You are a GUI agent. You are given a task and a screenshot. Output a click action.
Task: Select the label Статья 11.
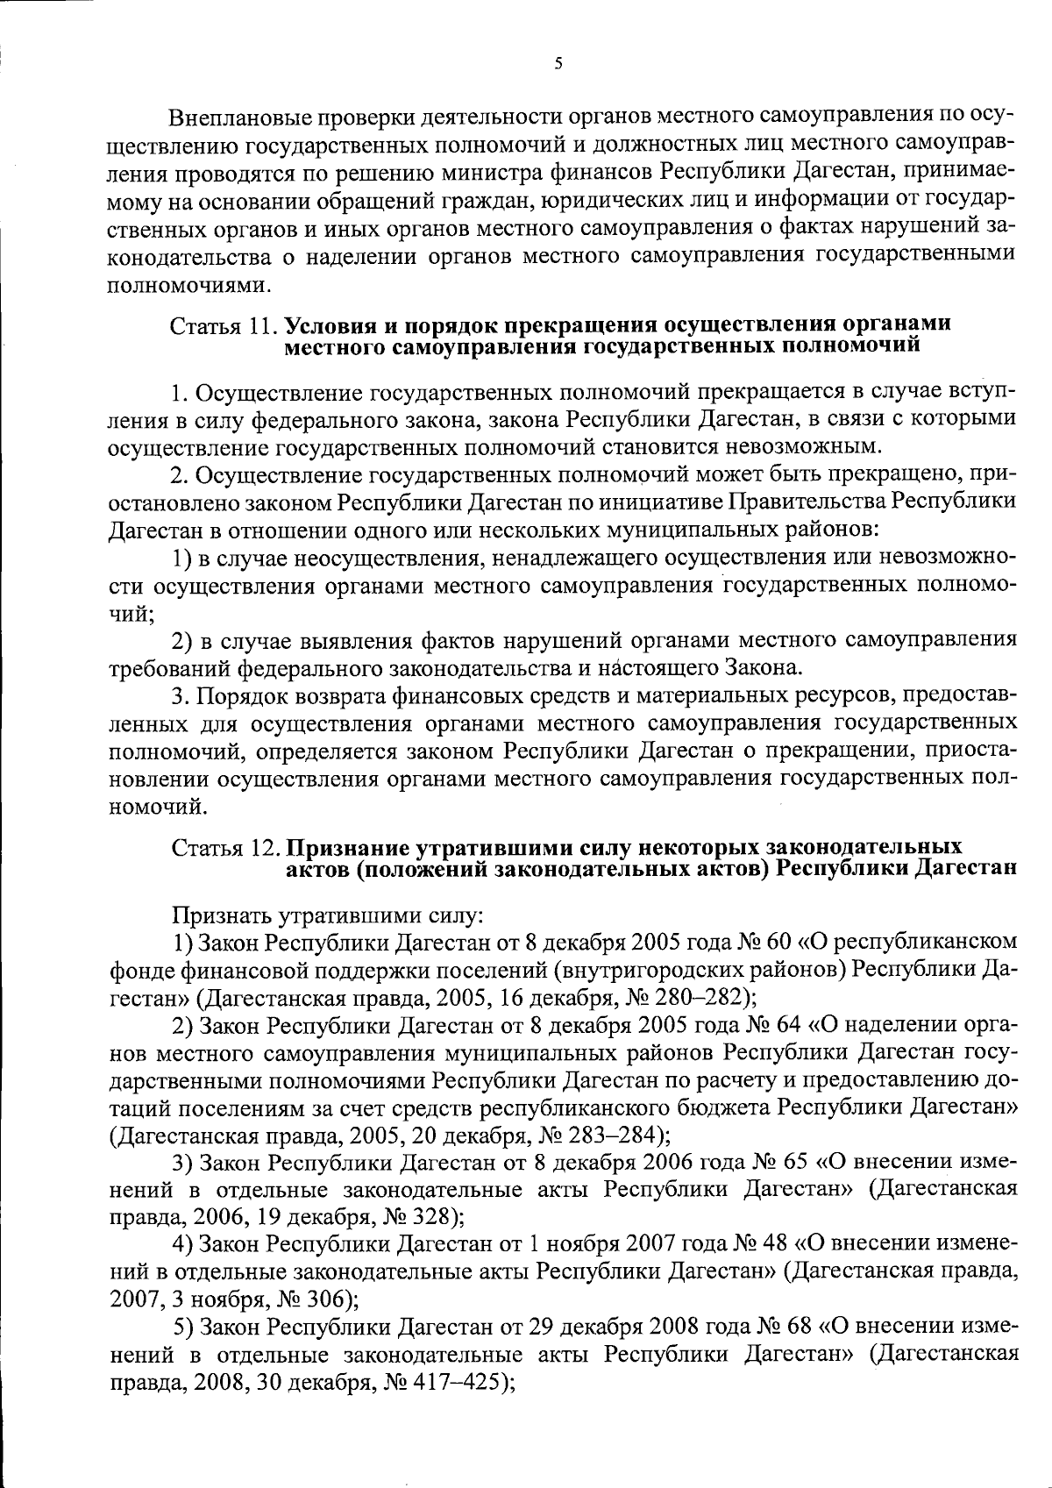coord(224,326)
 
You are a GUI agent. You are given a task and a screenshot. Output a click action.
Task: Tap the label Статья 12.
coord(224,848)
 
